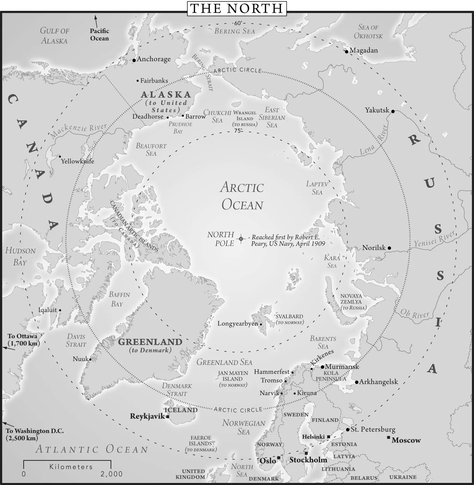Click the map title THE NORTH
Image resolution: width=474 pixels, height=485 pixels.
point(237,8)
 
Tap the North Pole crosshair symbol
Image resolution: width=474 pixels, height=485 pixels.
point(241,238)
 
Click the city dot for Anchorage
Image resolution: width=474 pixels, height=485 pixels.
point(134,60)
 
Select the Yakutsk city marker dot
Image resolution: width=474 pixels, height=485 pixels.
point(393,111)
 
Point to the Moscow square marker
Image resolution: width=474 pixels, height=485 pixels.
point(388,437)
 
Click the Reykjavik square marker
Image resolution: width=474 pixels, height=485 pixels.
point(168,416)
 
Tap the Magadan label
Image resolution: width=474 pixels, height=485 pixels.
point(364,50)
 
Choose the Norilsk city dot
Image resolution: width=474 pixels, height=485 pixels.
point(389,248)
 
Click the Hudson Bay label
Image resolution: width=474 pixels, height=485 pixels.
point(20,256)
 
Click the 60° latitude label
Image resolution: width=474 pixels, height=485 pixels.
point(238,23)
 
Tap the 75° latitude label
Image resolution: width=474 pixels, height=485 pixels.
point(238,131)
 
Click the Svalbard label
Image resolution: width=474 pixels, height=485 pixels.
point(289,316)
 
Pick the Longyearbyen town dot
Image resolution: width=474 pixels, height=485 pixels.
point(261,324)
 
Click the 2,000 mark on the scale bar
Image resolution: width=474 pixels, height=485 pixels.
point(112,474)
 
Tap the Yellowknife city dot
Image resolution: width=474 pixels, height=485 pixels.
point(60,157)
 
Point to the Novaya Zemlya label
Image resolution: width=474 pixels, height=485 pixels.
point(351,299)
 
